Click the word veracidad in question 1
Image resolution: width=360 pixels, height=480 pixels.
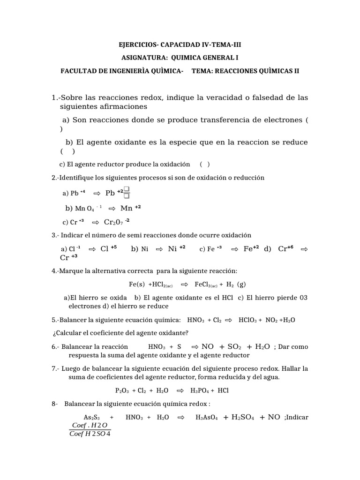tap(213, 97)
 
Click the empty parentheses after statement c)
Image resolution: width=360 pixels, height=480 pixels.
tap(204, 164)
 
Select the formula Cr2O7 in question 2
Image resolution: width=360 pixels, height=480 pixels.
tap(113, 222)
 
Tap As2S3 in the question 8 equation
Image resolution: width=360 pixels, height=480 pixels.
tap(92, 417)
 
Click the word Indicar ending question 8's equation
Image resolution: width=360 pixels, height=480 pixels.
tap(297, 417)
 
